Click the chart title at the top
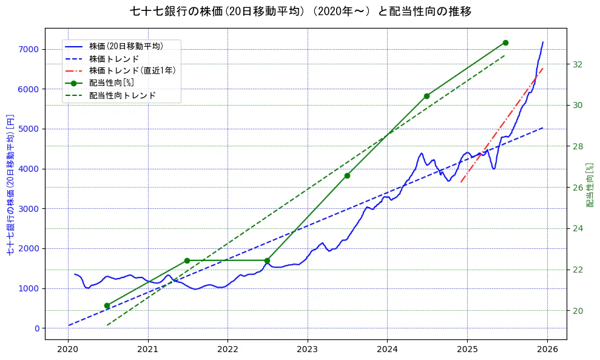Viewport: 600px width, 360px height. click(300, 11)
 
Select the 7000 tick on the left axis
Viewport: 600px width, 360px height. click(29, 49)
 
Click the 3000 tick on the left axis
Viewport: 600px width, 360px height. click(29, 209)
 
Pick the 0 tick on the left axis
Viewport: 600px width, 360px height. click(36, 328)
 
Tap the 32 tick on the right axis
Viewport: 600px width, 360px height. click(578, 64)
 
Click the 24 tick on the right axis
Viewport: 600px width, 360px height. click(578, 228)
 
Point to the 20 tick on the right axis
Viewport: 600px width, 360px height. click(578, 311)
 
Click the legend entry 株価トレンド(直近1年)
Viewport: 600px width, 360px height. click(132, 70)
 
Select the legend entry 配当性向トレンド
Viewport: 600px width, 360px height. click(122, 95)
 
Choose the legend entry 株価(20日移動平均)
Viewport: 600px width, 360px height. click(126, 46)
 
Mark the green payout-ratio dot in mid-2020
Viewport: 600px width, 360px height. click(107, 305)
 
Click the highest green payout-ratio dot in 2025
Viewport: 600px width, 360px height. click(505, 42)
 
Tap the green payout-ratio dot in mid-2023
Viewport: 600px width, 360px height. click(347, 175)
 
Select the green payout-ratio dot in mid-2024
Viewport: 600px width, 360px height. click(426, 96)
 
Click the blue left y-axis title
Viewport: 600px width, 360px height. click(10, 184)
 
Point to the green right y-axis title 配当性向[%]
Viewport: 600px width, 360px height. click(590, 184)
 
